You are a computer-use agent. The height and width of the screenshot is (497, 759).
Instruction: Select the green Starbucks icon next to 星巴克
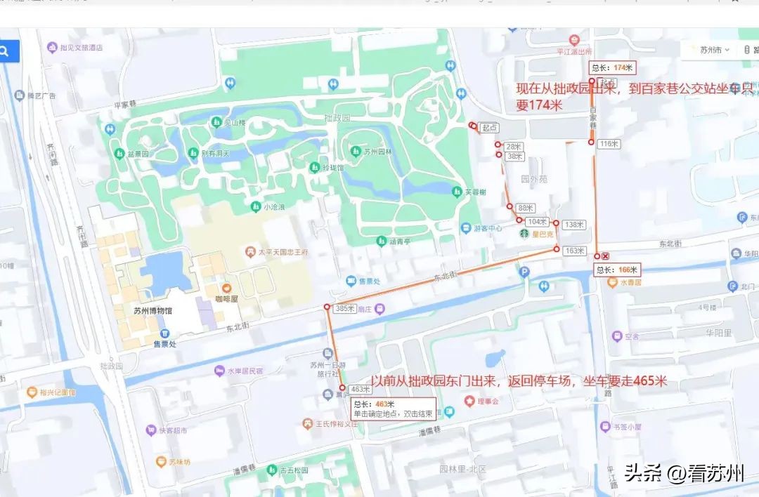pyautogui.click(x=524, y=233)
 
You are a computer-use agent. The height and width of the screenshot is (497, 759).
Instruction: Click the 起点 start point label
pyautogui.click(x=490, y=128)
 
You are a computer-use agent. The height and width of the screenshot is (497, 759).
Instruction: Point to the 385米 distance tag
pyautogui.click(x=344, y=308)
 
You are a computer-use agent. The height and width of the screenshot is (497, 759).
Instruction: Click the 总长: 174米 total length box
pyautogui.click(x=612, y=68)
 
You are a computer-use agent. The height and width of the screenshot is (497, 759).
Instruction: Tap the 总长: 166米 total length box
pyautogui.click(x=617, y=270)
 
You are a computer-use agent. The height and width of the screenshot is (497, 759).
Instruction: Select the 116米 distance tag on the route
pyautogui.click(x=609, y=143)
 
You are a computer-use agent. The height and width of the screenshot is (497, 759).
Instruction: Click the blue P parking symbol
pyautogui.click(x=523, y=272)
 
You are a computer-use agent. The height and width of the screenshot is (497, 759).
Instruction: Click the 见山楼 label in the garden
pyautogui.click(x=234, y=123)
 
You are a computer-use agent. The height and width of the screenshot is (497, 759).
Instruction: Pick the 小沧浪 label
pyautogui.click(x=273, y=206)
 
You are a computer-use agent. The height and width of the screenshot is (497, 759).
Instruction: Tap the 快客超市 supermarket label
pyautogui.click(x=172, y=430)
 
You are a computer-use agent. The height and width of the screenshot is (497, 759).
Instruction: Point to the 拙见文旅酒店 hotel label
pyautogui.click(x=81, y=48)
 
